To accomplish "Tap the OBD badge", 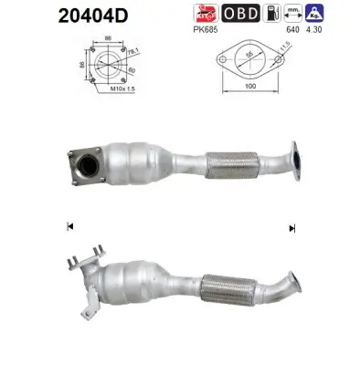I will click(x=241, y=13).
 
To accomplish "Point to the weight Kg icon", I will click(x=340, y=13).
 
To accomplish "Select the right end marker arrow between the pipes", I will click(x=291, y=226).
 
